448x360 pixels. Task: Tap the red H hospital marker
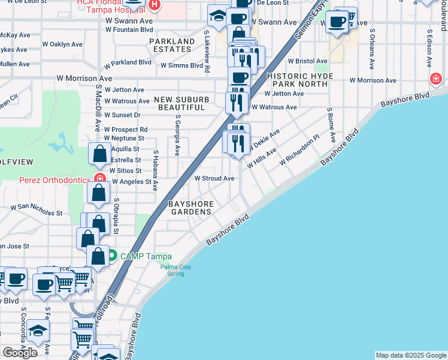(x=155, y=5)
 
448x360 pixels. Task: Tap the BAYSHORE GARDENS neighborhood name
(x=192, y=208)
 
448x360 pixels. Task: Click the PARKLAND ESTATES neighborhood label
(x=172, y=46)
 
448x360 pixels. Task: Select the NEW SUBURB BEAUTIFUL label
(x=183, y=103)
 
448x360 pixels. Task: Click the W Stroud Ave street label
(x=214, y=178)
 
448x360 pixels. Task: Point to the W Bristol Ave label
(x=307, y=61)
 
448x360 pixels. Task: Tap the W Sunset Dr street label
(x=122, y=115)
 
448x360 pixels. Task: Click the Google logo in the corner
(x=20, y=352)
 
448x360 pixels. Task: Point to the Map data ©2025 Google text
(x=410, y=355)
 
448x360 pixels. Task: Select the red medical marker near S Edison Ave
(x=436, y=79)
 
